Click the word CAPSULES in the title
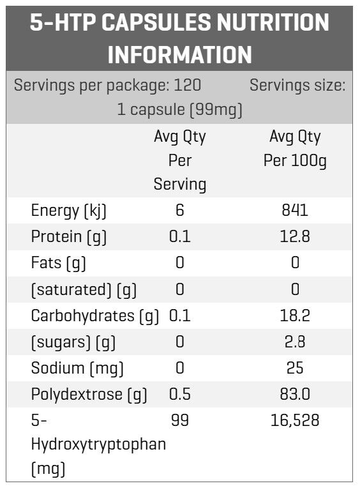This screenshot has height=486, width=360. pos(156,22)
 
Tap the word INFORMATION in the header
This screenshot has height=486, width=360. pos(180,54)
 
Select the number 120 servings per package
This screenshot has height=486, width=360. pos(188,85)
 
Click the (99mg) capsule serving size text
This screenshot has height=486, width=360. pos(216,110)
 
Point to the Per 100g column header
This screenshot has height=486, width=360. pos(295,160)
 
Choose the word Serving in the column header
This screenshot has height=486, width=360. pos(180,185)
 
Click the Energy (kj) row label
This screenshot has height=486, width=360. pos(69,211)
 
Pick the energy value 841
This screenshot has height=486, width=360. pos(295,210)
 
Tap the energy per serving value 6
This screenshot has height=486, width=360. pos(180,210)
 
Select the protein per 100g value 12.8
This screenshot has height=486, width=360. pos(295,236)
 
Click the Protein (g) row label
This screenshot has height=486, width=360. pos(69,237)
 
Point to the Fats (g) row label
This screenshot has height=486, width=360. pos(59,263)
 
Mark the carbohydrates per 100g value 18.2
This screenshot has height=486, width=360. pos(295,315)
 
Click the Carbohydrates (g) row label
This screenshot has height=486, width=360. pos(95,316)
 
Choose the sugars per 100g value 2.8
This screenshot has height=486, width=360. pos(295,342)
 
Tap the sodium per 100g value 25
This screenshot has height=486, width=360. pos(295,368)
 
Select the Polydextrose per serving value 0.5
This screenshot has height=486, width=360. pos(180,394)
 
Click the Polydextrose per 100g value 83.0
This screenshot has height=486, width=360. pos(295,394)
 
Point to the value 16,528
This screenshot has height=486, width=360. pos(295,421)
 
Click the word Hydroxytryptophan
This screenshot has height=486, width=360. pos(98,444)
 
